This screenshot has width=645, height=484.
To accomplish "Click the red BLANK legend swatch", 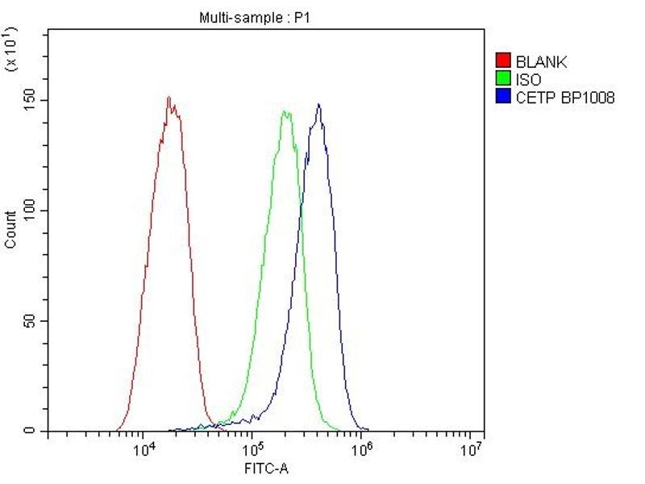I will coord(503,61).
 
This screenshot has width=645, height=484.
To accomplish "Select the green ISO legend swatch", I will coord(503,80).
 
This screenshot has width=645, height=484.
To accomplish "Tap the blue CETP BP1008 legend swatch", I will coord(503,98).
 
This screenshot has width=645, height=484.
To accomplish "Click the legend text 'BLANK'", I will coord(542,62).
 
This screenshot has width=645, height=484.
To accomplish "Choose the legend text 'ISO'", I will coord(529,80).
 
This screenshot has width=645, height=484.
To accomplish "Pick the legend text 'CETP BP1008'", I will coord(565,98).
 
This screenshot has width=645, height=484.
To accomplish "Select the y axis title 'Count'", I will coord(10,229).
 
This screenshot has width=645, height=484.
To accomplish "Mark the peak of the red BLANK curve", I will coord(169,98).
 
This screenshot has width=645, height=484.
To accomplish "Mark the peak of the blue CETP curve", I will coord(319,104).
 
